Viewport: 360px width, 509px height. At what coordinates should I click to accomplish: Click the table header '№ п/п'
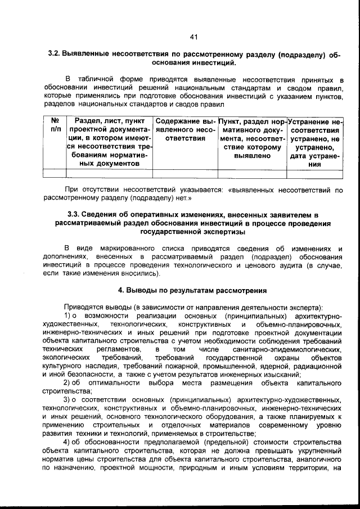tap(55, 125)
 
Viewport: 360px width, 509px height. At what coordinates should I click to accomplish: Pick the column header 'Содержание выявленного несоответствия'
tap(185, 130)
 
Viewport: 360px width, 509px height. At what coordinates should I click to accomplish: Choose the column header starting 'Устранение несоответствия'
tap(316, 142)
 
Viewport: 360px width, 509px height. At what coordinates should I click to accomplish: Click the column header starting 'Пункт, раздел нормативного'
tap(253, 138)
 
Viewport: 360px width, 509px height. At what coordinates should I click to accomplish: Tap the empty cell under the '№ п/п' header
tap(55, 174)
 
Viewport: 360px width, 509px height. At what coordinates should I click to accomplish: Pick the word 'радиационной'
tap(317, 366)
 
